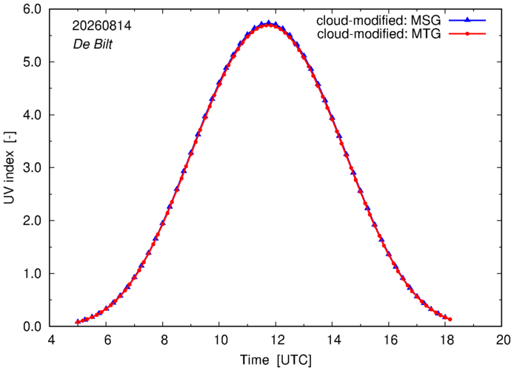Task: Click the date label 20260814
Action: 101,26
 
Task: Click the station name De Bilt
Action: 93,44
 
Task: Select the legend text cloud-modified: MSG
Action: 378,20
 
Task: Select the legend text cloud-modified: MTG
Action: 379,33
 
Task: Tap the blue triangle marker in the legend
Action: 467,20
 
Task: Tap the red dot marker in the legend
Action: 467,33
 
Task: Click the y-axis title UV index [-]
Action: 10,168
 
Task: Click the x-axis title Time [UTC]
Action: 276,360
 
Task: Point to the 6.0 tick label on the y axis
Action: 32,10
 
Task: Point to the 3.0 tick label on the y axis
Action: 32,167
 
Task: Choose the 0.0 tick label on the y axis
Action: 32,327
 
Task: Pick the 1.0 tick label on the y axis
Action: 32,273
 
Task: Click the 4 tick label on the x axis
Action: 51,340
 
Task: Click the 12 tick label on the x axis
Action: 277,340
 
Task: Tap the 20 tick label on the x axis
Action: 503,340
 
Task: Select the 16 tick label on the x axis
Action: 390,340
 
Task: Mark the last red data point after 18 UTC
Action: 450,319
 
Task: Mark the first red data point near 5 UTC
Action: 78,322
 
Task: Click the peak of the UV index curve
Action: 268,24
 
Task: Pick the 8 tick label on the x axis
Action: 164,340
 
